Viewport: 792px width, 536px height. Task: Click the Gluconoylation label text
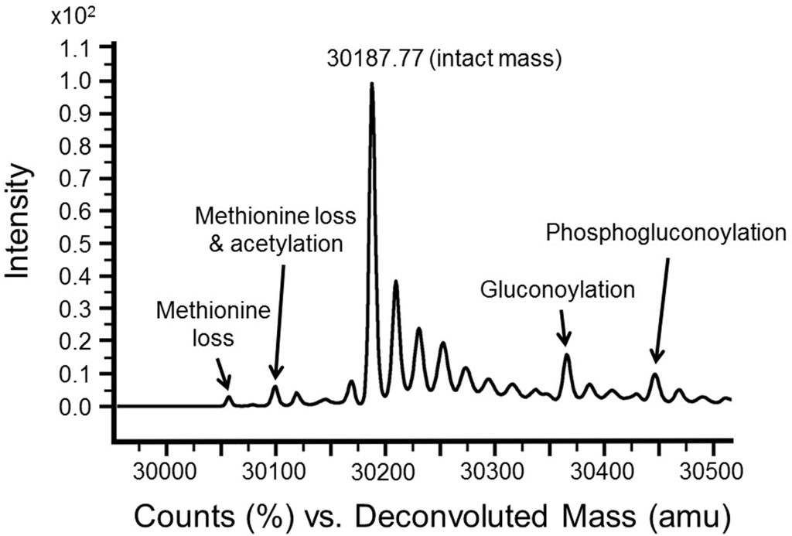(558, 290)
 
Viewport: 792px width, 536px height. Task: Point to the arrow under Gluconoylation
(565, 329)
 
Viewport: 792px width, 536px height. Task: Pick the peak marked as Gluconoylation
(567, 357)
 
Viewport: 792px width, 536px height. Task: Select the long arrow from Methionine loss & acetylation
(279, 321)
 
